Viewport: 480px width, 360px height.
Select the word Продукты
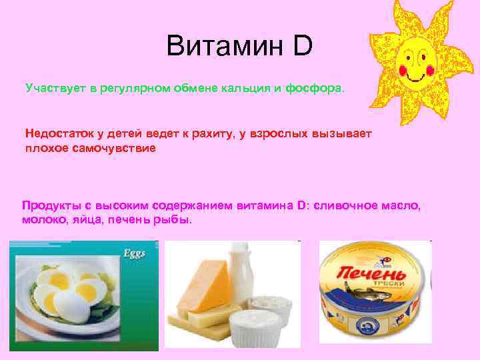pyautogui.click(x=50, y=206)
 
